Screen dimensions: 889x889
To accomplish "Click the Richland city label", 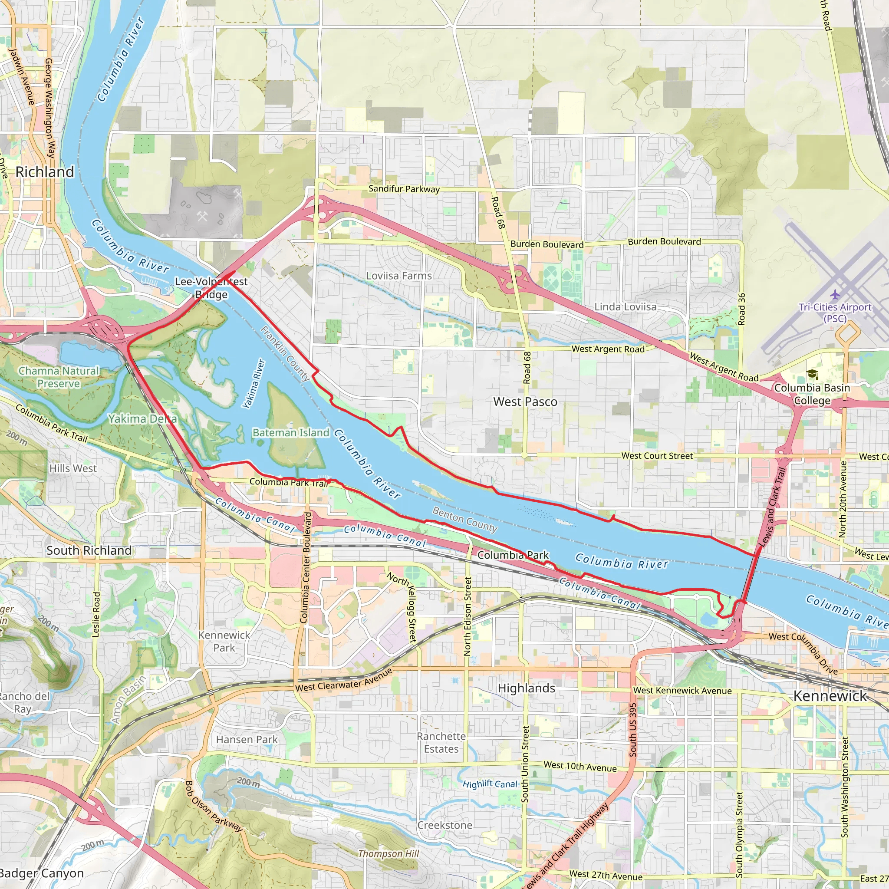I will (x=45, y=172).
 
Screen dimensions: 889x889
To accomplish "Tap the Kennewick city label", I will (x=830, y=696).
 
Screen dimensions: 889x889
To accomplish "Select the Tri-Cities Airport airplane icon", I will (x=835, y=294).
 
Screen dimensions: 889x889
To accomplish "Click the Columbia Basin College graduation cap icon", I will (x=812, y=374).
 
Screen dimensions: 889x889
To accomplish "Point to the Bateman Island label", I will (x=291, y=432).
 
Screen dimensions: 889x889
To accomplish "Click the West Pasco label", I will (x=525, y=402).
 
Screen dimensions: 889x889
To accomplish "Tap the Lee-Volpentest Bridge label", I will (x=211, y=288).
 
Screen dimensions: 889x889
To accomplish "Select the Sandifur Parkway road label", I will (x=404, y=189).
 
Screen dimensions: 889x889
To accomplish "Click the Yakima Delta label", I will (x=142, y=419).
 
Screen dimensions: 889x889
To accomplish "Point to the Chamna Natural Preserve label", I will (x=59, y=377).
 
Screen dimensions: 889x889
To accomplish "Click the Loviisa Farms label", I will (x=399, y=276).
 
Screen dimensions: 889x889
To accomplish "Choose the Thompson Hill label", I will (x=389, y=853).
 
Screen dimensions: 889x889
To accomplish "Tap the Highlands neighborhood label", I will (x=527, y=688).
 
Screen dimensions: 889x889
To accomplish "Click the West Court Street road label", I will (x=657, y=455).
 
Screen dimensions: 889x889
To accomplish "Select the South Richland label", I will (x=89, y=550).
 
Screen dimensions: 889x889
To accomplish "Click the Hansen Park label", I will (x=247, y=739).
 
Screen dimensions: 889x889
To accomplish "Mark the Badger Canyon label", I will (x=41, y=873).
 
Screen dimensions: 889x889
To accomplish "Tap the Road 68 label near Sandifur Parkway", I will (x=498, y=213).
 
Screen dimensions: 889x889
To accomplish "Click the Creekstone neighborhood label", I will (x=444, y=825).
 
